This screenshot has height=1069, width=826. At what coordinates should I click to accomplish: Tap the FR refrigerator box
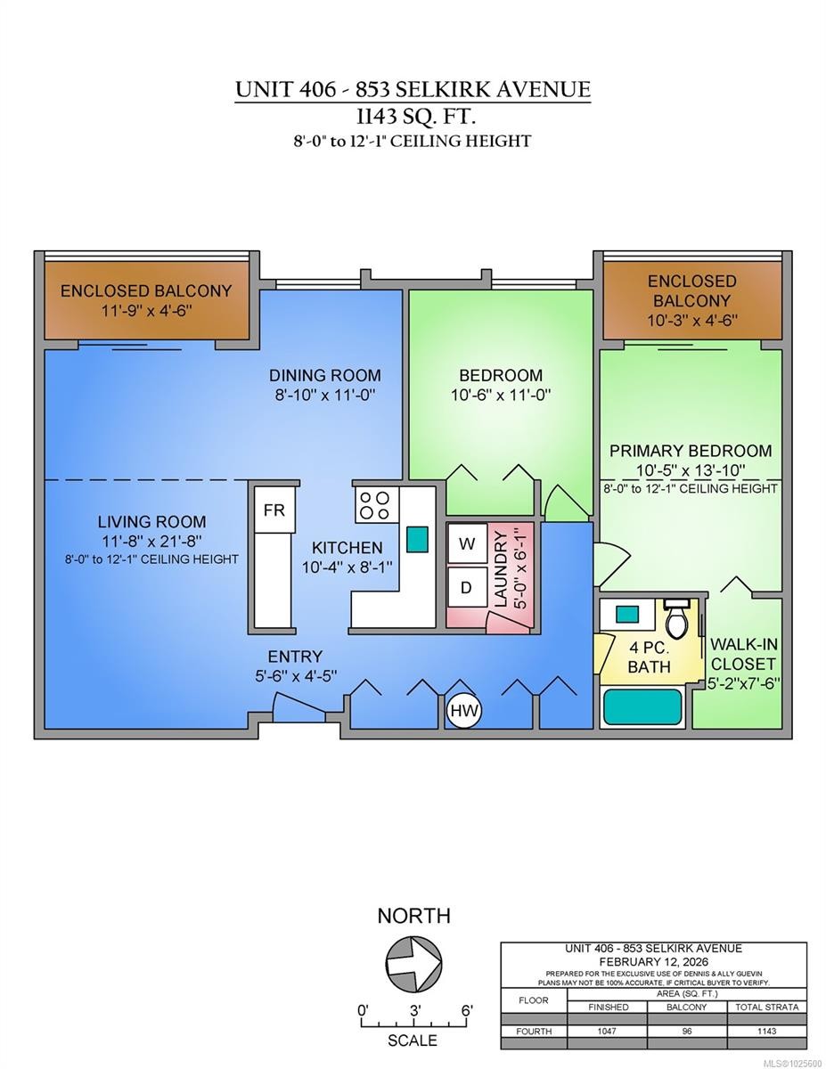click(274, 510)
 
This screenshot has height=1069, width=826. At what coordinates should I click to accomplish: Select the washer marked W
click(467, 543)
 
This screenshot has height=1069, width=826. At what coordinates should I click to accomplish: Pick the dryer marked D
click(467, 588)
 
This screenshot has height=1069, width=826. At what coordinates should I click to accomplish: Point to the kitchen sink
click(416, 538)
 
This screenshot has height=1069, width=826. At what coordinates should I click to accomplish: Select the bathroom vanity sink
click(626, 614)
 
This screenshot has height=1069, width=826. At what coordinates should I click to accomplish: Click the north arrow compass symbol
click(413, 963)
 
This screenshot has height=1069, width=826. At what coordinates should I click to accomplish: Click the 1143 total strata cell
click(765, 1031)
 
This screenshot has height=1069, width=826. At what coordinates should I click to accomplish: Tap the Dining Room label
click(324, 375)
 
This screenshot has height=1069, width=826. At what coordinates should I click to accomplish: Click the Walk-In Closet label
click(742, 655)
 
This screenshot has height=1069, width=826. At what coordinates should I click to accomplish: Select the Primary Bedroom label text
click(691, 451)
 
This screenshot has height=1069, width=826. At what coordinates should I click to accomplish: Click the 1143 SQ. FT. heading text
click(413, 115)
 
